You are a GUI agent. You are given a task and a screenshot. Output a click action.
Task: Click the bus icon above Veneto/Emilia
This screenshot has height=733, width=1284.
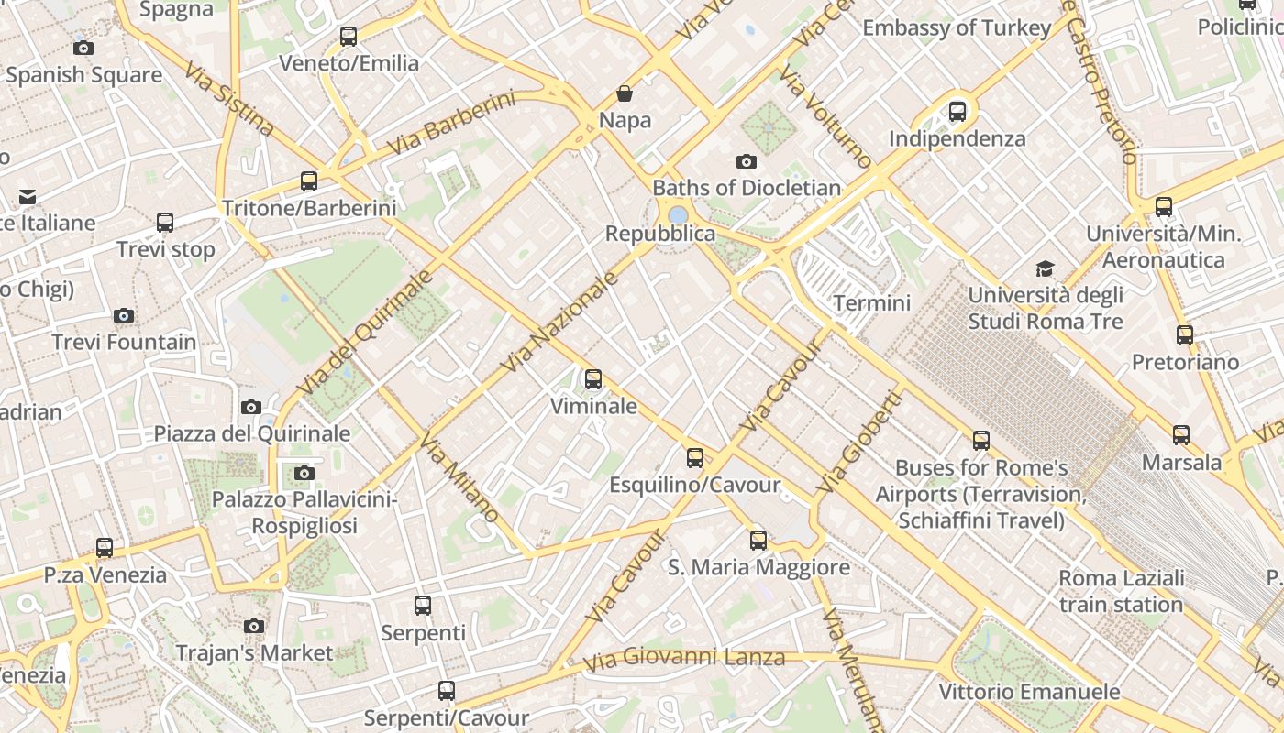[x=349, y=37]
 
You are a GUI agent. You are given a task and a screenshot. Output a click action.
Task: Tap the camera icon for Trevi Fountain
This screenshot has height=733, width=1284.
[x=124, y=315]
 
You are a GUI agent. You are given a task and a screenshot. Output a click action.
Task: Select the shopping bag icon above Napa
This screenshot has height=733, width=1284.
[x=625, y=93]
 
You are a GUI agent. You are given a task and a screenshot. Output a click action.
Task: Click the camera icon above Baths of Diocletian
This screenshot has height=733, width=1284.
[x=747, y=161]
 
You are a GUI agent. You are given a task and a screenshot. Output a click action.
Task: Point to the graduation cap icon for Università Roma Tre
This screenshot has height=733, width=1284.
[x=1045, y=268]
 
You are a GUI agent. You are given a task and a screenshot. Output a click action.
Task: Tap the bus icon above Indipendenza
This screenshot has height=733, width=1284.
[x=957, y=112]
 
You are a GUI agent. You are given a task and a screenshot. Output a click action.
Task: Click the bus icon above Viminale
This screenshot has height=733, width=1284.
[x=593, y=378]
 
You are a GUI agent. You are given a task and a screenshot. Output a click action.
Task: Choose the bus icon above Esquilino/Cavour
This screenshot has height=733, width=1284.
[x=695, y=457]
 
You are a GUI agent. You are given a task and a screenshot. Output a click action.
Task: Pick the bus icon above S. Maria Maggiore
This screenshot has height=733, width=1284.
[x=758, y=540]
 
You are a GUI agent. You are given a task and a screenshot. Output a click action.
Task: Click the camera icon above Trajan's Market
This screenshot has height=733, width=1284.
[x=254, y=626]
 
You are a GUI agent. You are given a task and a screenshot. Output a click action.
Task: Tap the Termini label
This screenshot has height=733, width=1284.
[x=872, y=303]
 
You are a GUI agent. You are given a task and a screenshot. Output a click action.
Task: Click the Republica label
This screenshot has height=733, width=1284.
[x=660, y=234]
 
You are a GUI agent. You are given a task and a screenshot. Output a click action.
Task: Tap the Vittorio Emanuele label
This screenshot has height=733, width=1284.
[x=1029, y=692]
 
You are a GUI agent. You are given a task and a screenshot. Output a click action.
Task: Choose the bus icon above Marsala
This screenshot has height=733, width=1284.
[x=1181, y=435]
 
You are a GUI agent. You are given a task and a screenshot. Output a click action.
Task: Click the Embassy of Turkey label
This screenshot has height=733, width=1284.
[x=957, y=28]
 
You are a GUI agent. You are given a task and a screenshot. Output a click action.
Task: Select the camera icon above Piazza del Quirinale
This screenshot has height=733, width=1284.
[x=251, y=407]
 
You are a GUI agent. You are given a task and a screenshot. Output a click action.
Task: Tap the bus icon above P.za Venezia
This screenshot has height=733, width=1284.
[x=105, y=548]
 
